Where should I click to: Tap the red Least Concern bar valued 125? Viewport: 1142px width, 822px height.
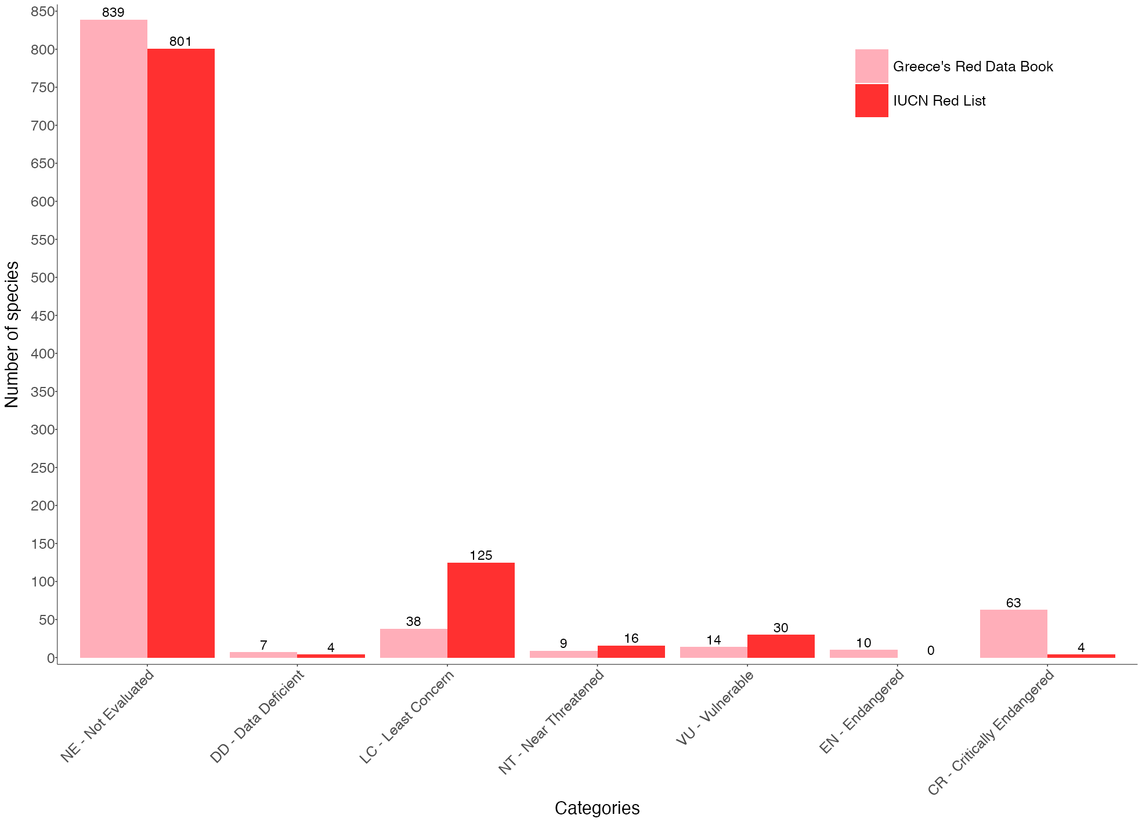tap(480, 610)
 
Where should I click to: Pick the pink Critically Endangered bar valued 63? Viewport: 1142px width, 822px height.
tap(1013, 633)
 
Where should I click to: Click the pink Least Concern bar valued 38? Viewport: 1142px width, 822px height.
tap(413, 643)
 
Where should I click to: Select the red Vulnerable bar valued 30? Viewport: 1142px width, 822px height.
tap(780, 646)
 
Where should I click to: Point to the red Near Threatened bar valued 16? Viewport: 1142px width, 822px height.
tap(631, 651)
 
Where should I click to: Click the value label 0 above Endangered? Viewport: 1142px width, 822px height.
tap(931, 651)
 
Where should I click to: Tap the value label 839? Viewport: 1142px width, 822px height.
tap(113, 13)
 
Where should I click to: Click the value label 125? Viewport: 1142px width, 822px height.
tap(480, 556)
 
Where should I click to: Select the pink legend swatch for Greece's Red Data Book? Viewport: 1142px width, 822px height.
tap(871, 66)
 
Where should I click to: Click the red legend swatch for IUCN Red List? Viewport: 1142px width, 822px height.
tap(871, 101)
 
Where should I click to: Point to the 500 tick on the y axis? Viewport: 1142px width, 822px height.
tap(44, 278)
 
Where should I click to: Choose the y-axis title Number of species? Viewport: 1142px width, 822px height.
tap(12, 335)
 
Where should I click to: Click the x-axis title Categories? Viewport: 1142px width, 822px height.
tap(597, 808)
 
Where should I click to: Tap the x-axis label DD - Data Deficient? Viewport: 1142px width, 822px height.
tap(257, 716)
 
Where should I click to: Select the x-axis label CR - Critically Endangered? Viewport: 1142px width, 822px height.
tap(991, 733)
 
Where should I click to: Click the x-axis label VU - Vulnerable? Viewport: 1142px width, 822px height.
tap(715, 708)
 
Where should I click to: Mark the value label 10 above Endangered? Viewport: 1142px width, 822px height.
tap(863, 643)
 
